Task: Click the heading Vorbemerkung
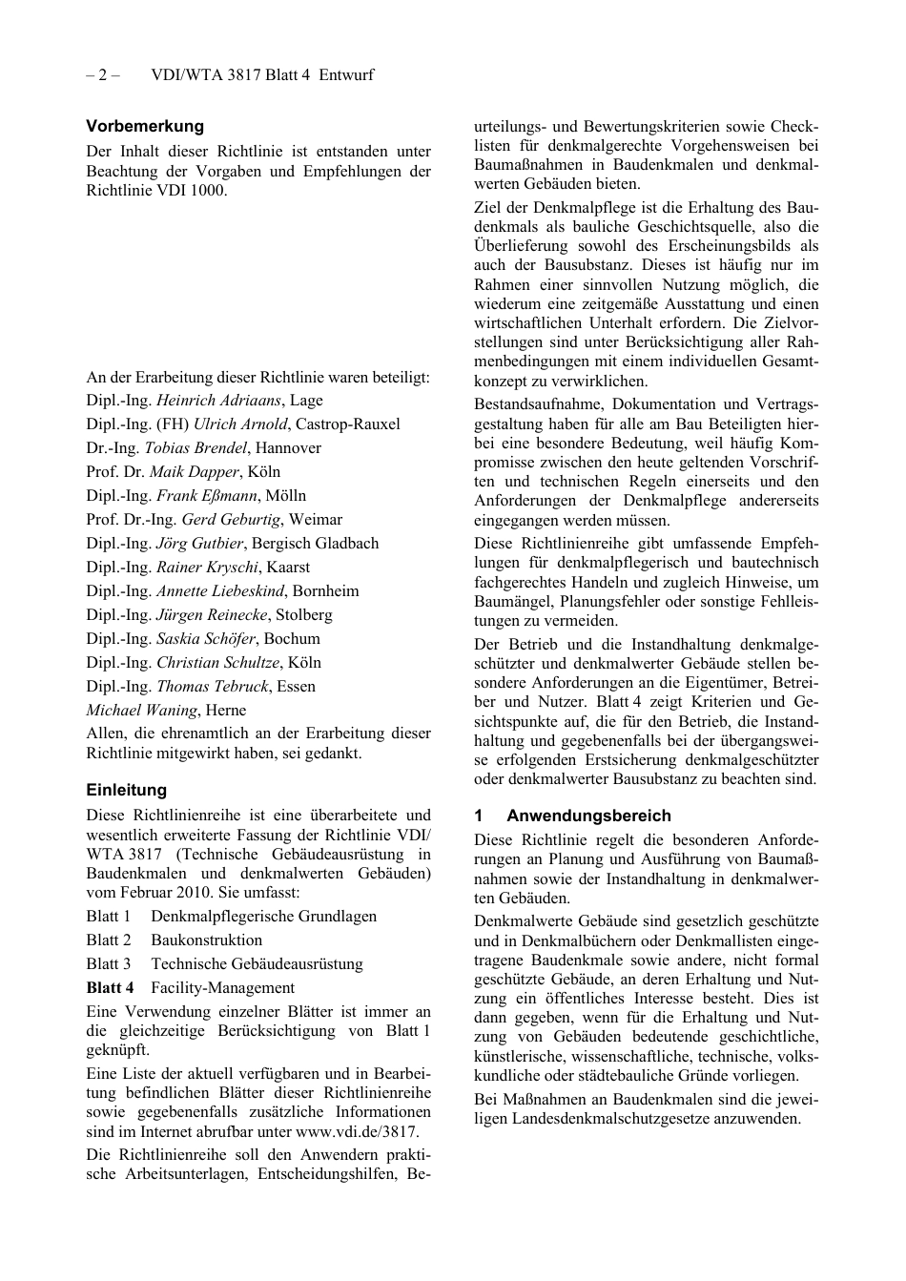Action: (145, 126)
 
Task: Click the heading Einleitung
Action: (126, 790)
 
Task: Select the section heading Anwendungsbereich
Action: (587, 816)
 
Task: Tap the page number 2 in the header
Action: (102, 74)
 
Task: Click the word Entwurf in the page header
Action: (346, 74)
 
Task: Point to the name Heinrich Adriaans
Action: (218, 401)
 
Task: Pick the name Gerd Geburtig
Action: (231, 520)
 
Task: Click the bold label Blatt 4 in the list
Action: (110, 988)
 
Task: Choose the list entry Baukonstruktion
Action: (206, 940)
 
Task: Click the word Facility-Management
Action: (222, 988)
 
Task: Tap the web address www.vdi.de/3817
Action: (356, 1132)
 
